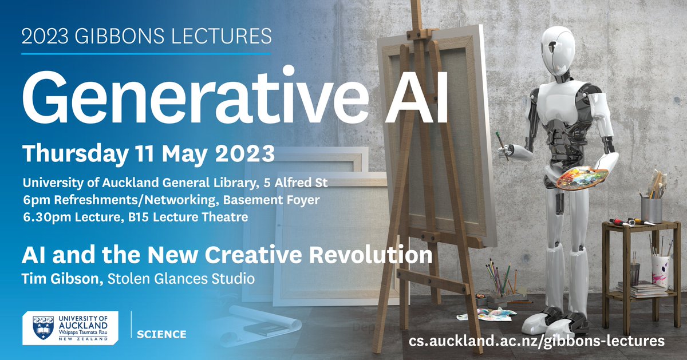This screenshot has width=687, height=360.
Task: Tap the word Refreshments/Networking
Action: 108,200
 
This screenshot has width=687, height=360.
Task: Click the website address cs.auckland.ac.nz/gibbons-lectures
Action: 536,340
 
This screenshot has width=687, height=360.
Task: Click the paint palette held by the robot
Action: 578,179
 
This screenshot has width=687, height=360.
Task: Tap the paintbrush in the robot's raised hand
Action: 501,143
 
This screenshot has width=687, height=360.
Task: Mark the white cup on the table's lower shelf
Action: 660,270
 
